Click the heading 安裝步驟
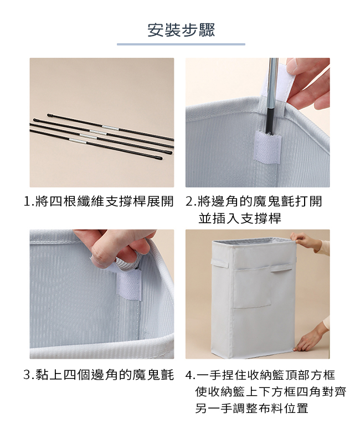coord(181,30)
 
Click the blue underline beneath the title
coord(181,44)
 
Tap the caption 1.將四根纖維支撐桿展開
coord(99,201)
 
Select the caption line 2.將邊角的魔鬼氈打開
coord(254,201)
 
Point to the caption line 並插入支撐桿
coord(239,218)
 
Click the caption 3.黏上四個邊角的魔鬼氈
coord(99,375)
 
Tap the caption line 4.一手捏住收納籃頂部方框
coord(260,375)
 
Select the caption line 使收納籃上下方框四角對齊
coord(270,392)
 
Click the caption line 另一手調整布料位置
coord(251,409)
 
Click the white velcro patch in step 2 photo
coord(268,146)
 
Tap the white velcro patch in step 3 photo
coord(130,285)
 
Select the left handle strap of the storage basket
coord(220,263)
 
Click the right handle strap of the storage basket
coord(281,268)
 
